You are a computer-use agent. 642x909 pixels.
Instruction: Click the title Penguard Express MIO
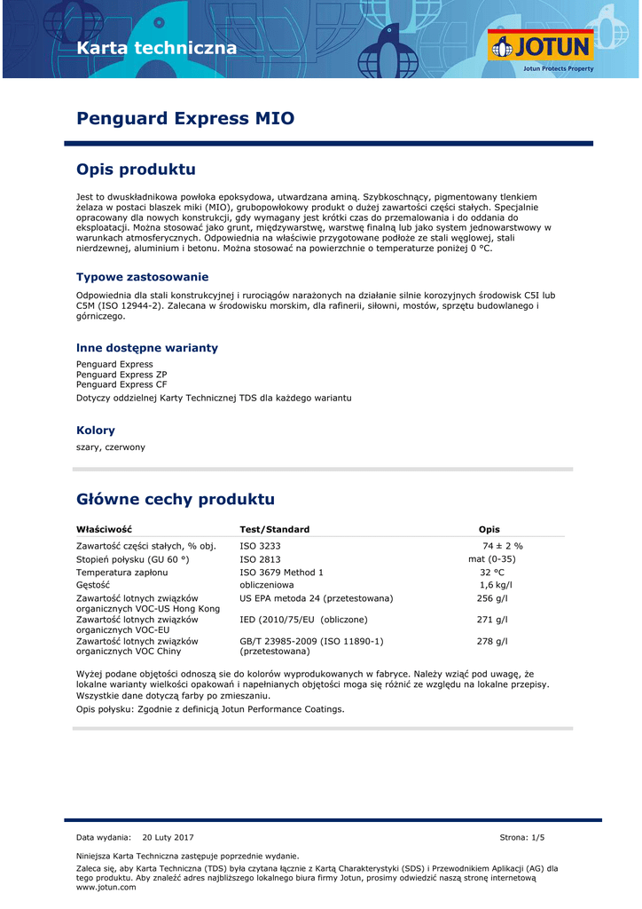185,119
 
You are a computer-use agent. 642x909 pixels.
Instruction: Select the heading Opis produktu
136,170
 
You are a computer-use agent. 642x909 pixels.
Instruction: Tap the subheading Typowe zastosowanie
143,277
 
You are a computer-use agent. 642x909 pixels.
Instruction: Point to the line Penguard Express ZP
121,375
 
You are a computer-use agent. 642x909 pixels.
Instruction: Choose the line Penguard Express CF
121,384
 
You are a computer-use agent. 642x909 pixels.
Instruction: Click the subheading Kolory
96,431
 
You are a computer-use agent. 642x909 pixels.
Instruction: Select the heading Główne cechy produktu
176,500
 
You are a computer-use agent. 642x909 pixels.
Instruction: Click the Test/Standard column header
275,530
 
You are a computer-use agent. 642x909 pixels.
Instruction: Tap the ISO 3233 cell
260,546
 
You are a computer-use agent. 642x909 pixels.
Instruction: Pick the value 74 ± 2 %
503,546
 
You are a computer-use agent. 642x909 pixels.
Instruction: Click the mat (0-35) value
492,559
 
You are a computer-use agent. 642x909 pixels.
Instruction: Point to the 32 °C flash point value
492,573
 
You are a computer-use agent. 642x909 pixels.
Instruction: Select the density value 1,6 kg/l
496,586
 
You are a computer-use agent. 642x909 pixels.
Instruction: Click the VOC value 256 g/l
492,598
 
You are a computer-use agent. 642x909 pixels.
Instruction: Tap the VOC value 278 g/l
492,641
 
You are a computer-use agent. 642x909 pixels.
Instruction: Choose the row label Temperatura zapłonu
121,573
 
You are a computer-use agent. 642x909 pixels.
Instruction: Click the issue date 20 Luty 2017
168,838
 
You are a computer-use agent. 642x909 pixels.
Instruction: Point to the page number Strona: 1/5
522,838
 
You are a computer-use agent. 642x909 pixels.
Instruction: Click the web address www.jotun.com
99,887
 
